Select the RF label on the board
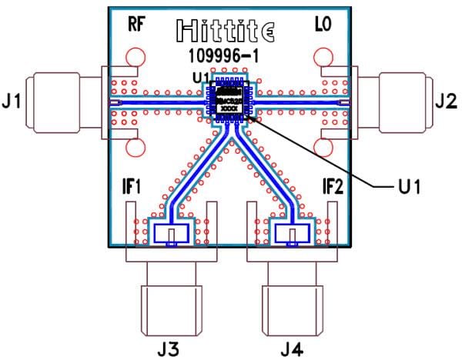pos(137,25)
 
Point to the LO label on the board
pos(323,25)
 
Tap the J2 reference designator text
pos(446,100)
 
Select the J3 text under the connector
pos(168,348)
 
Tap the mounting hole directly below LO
pos(323,58)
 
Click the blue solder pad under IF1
pos(170,233)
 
